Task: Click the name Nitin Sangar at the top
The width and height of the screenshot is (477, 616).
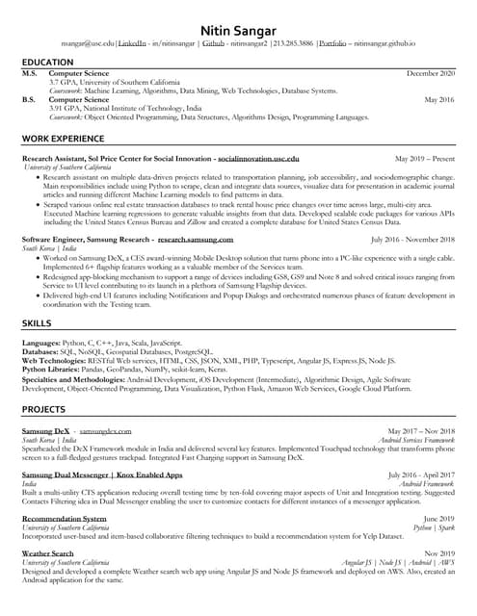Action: (238, 30)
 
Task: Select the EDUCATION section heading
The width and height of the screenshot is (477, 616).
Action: (47, 63)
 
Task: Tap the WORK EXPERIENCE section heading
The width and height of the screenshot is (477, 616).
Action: (64, 140)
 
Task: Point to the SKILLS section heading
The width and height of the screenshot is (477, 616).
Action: (37, 324)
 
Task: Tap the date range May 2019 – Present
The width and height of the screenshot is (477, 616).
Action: (424, 157)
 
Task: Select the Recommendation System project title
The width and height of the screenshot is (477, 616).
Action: (65, 518)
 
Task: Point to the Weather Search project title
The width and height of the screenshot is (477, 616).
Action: (47, 554)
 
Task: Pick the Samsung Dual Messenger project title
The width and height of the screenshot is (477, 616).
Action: (101, 475)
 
